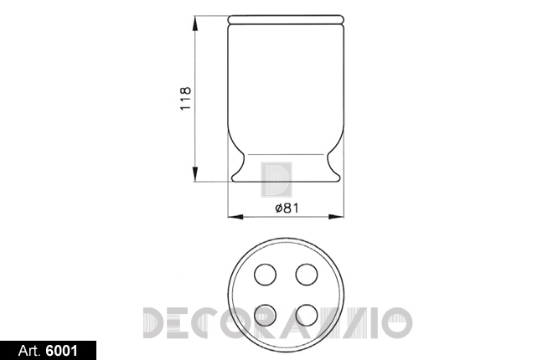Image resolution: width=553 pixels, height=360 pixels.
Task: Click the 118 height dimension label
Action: pos(185,98)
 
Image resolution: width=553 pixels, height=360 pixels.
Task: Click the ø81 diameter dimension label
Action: pos(287,208)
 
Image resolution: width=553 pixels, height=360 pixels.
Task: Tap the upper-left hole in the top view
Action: pos(266,275)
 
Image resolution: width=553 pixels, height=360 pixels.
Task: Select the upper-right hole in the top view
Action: pos(307,275)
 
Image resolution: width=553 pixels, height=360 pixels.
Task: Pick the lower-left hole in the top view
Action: pos(266,316)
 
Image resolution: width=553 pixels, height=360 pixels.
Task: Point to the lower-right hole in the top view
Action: pos(307,316)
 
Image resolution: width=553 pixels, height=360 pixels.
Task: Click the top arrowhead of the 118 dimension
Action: pos(194,23)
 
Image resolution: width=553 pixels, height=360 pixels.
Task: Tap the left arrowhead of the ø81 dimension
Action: pos(235,217)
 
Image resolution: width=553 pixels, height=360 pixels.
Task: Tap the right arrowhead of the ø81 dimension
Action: pos(336,217)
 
